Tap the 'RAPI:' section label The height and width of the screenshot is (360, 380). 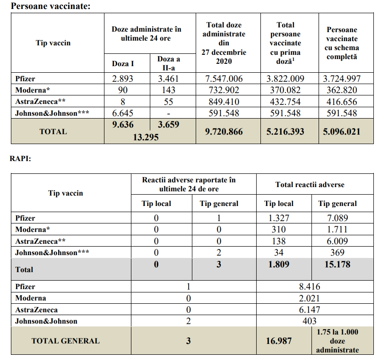tap(20, 159)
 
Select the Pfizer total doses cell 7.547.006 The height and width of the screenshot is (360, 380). tap(224, 79)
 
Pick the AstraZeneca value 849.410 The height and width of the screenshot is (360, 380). tap(224, 102)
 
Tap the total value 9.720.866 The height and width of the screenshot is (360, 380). tap(224, 132)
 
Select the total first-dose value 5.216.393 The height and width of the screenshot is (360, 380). tap(285, 132)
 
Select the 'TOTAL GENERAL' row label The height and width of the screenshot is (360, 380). tap(66, 341)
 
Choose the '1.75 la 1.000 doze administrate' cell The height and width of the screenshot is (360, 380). tap(337, 341)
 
